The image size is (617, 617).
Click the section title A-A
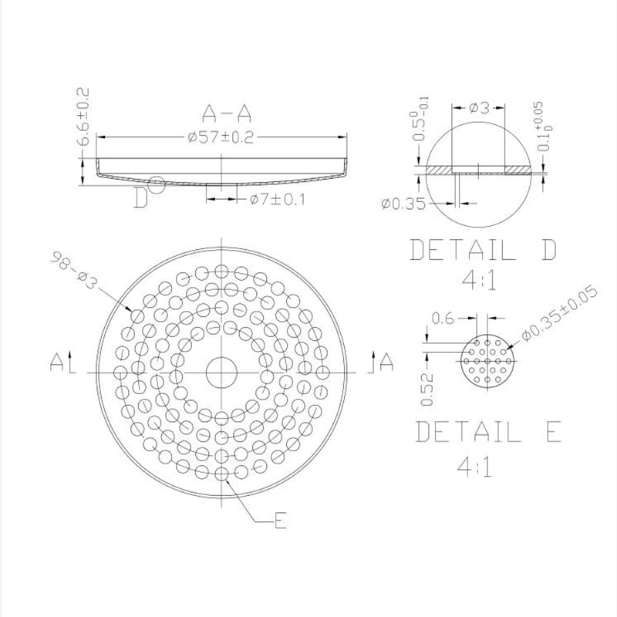tap(226, 116)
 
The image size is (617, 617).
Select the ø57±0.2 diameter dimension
tap(221, 137)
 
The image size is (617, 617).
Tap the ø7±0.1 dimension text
tap(278, 200)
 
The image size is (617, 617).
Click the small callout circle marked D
tap(157, 184)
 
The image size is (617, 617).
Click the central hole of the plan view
tap(221, 373)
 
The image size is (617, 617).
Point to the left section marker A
tap(58, 360)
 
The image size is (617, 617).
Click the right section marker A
tap(386, 360)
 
